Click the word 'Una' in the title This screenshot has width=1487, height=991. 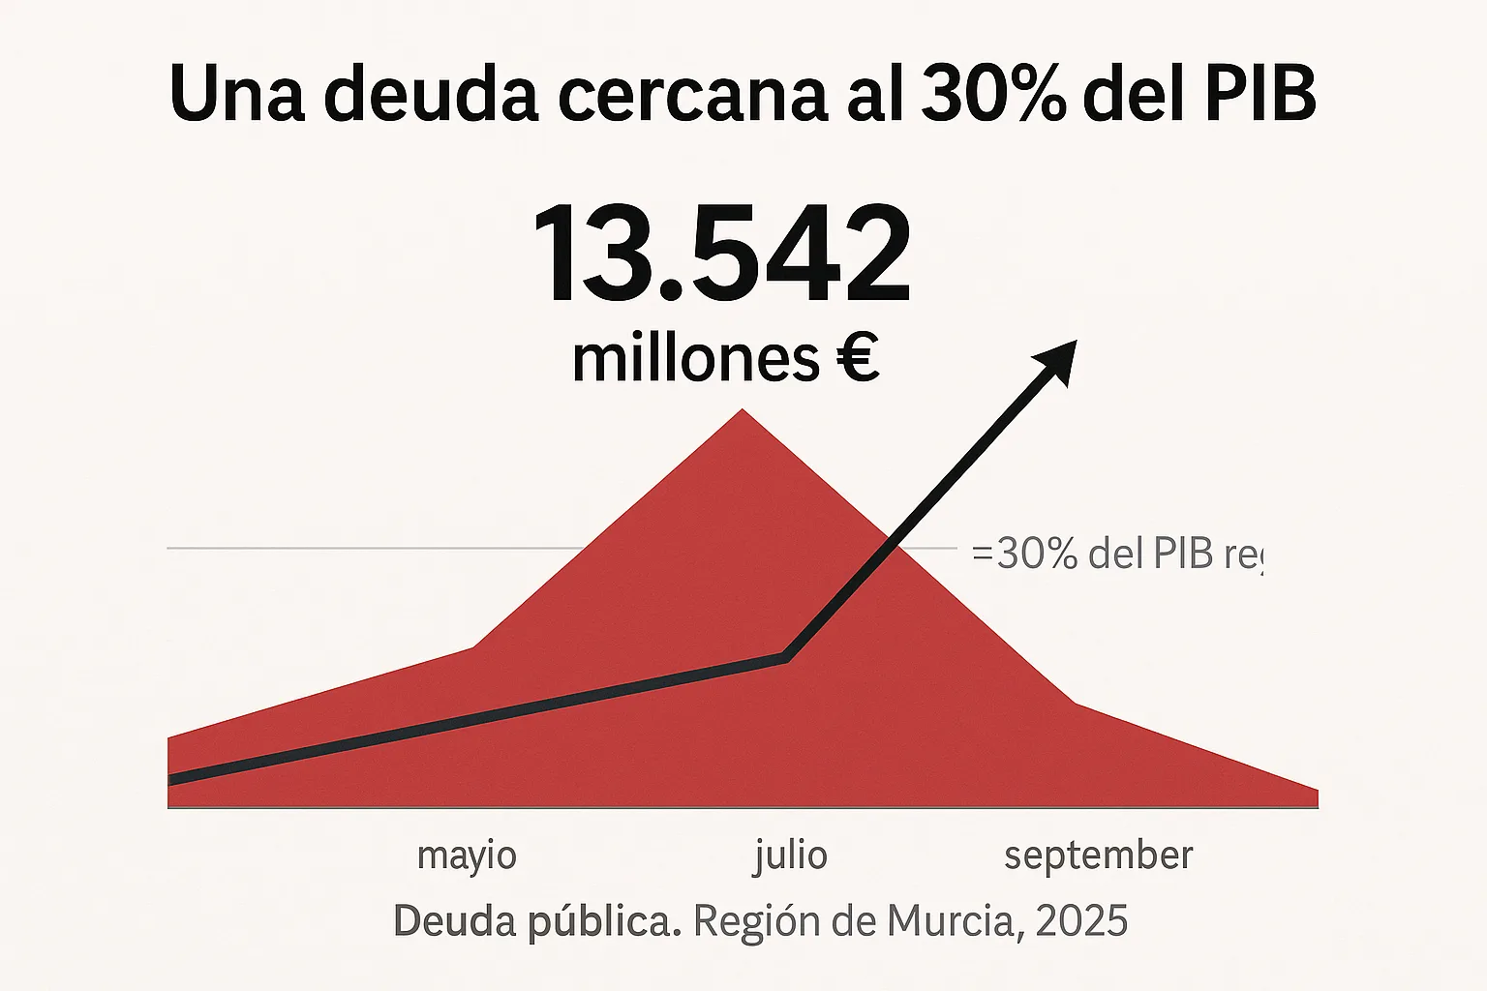(237, 94)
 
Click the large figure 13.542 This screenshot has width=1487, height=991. (721, 256)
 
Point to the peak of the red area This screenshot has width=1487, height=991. (743, 411)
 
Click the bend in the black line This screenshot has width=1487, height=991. (787, 658)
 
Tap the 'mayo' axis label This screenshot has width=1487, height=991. (467, 856)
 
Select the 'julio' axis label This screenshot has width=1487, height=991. (790, 856)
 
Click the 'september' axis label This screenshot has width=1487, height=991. (1098, 856)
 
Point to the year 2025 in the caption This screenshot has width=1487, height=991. (1080, 920)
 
